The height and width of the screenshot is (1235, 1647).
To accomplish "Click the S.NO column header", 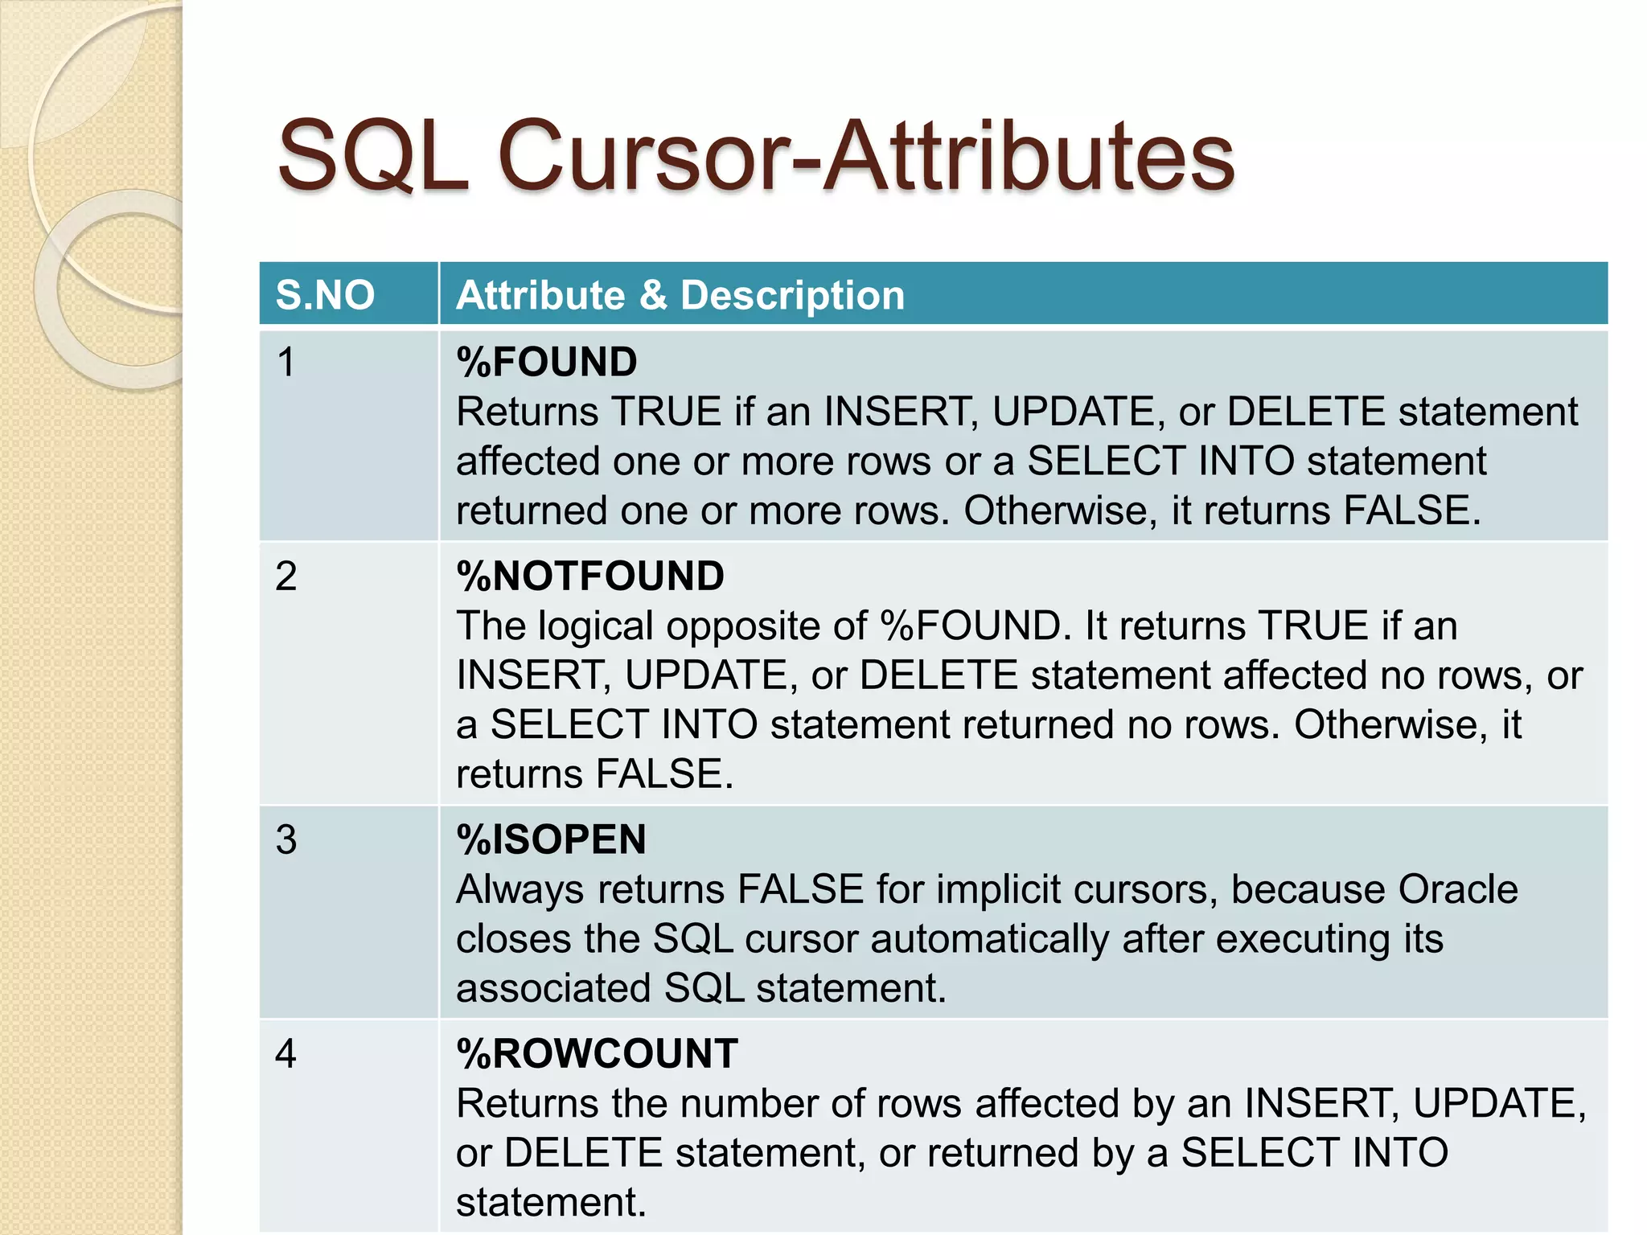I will (325, 295).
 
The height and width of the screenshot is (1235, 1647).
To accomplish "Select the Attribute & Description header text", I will (680, 295).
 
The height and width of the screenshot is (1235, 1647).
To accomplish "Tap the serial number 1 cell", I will (286, 363).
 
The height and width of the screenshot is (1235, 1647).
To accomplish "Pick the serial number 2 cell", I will (286, 576).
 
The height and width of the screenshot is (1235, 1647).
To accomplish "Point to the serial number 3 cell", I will (286, 840).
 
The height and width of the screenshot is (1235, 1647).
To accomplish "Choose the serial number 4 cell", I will (286, 1054).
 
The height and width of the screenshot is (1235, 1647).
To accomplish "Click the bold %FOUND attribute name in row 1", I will (547, 363).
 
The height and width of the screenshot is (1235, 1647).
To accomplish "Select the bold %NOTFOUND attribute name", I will (590, 576).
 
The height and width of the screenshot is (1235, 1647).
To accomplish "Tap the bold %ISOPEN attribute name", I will (552, 840).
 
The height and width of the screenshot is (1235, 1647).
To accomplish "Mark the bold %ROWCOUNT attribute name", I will (597, 1054).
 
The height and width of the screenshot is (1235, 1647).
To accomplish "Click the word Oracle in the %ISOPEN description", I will (1458, 890).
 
